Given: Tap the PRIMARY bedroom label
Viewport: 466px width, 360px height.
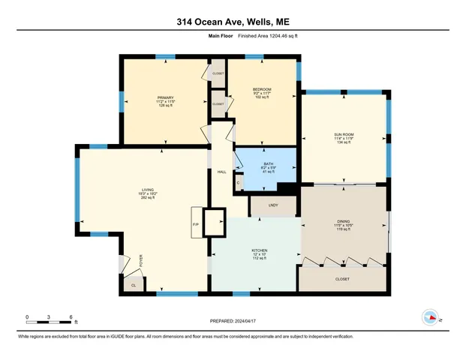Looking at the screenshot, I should click(165, 97).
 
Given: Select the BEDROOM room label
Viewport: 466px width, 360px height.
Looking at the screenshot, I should click(262, 89).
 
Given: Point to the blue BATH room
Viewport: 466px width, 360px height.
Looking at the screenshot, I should click(267, 169).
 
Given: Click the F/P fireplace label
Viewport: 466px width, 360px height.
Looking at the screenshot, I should click(195, 225).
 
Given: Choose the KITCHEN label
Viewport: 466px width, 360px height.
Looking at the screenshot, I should click(260, 250).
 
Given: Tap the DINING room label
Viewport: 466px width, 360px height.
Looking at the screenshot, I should click(344, 222).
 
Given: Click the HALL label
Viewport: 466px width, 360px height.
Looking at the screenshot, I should click(222, 172).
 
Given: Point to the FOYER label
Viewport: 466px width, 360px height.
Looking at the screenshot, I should click(140, 261).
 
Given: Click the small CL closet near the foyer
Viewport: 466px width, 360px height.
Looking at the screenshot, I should click(134, 284).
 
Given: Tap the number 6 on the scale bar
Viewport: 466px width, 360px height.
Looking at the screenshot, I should click(71, 316).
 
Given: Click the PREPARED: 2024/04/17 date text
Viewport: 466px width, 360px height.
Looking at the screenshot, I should click(233, 321).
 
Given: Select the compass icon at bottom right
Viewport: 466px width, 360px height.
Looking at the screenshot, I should click(430, 317).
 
